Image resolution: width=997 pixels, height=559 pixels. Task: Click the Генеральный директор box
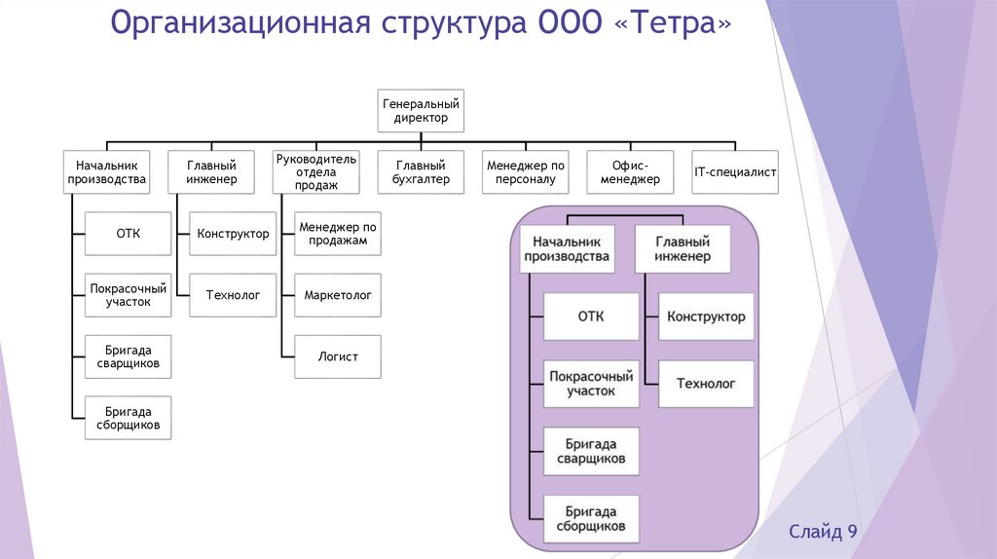point(421,110)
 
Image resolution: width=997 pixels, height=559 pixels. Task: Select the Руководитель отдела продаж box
point(315,172)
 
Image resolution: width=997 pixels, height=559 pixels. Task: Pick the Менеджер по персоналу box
point(526,172)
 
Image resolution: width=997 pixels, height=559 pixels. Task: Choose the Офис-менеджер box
point(630,172)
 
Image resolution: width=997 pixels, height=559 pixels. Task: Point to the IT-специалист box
point(735,172)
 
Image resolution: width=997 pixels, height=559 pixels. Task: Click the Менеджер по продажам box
point(337,234)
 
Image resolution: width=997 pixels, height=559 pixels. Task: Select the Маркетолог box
point(337,294)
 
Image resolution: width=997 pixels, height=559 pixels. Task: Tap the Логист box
point(337,356)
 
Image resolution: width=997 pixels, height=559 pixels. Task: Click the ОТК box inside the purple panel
point(591,316)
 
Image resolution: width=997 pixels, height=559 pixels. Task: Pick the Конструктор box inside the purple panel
point(706,316)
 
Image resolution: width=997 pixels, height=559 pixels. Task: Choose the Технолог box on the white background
point(233,294)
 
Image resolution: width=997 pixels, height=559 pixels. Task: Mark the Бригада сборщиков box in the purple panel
point(591,519)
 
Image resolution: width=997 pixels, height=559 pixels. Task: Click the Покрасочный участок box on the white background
point(129,294)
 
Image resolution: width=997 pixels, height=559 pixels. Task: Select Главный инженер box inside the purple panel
point(683,249)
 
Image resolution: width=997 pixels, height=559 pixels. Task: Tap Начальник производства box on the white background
point(106,172)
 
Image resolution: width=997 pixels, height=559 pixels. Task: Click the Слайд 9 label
point(823,531)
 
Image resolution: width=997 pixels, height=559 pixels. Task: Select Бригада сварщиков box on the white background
point(129,356)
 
